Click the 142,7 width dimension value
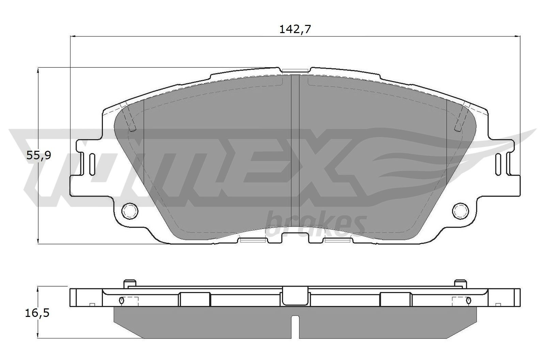pos(295,29)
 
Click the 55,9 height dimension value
pos(38,156)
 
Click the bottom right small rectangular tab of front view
pos(338,240)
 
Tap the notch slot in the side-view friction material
pos(295,326)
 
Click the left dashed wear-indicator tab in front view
pos(128,117)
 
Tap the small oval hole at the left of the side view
pos(122,300)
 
